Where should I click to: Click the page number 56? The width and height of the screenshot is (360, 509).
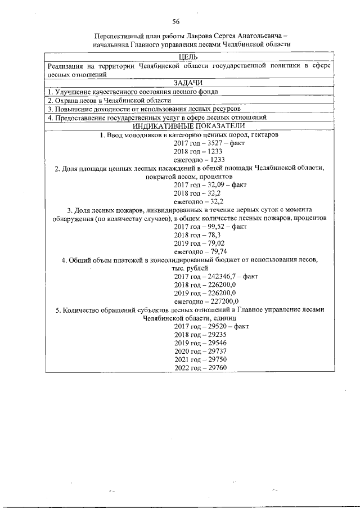click(175, 21)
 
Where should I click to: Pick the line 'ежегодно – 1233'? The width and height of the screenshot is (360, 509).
click(195, 160)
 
